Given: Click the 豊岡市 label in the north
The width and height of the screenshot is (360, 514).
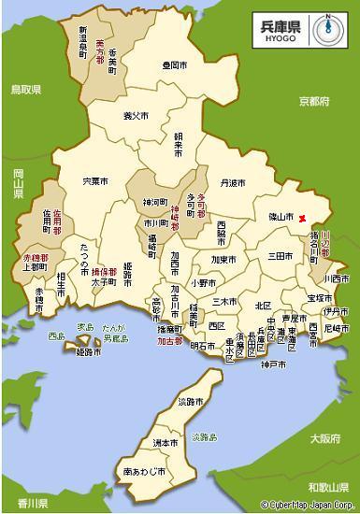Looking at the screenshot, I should click(x=174, y=65).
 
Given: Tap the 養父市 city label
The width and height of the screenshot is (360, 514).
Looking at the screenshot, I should click(x=137, y=116).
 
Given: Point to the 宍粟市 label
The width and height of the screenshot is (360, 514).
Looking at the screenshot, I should click(x=95, y=179).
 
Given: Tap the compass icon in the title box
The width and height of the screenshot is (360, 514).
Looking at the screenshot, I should click(x=327, y=27).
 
